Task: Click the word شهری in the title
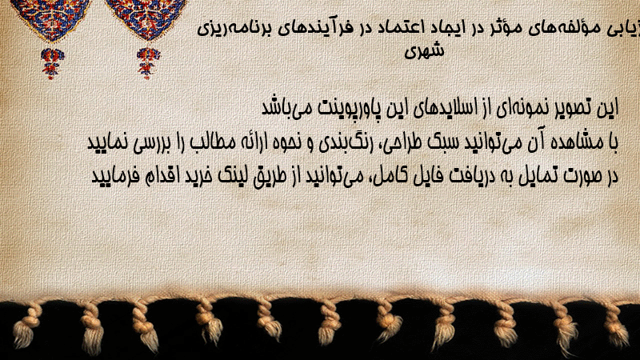(x=424, y=50)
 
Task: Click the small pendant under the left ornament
(x=52, y=63)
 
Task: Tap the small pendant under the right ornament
(x=148, y=62)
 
